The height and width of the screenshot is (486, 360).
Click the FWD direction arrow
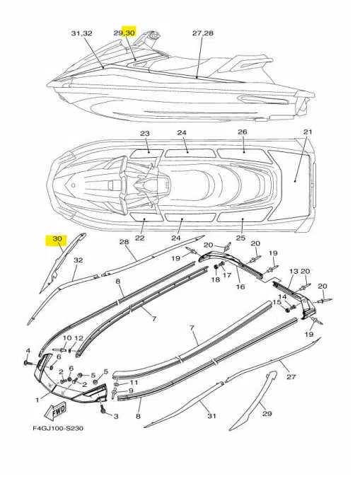[56, 411]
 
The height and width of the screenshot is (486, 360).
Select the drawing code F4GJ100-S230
[58, 429]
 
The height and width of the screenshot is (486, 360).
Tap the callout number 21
[308, 132]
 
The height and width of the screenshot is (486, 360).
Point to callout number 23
[145, 134]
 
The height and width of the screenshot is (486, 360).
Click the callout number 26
[243, 132]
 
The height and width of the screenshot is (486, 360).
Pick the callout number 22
[140, 238]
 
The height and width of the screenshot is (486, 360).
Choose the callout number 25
[240, 238]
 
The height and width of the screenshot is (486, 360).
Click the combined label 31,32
[82, 33]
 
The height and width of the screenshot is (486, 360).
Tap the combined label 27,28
[202, 33]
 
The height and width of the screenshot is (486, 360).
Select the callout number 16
[240, 287]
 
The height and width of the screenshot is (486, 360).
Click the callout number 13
[294, 271]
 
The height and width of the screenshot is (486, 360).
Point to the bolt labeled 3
[103, 409]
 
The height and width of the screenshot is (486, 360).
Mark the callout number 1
[37, 400]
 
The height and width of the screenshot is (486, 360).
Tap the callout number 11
[134, 383]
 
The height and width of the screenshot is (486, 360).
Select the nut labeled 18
[216, 267]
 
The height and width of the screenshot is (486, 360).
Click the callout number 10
[67, 338]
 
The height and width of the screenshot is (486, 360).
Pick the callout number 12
[79, 338]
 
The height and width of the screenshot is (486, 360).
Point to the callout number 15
[277, 302]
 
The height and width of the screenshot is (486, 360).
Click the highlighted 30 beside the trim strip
[57, 239]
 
